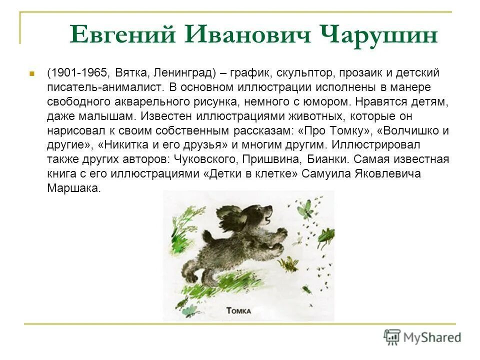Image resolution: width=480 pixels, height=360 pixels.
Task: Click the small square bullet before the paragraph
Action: coord(31,73)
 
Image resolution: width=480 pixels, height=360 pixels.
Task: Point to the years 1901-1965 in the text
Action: coord(78,73)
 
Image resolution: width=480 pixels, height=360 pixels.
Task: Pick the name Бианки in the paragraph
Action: coord(334,159)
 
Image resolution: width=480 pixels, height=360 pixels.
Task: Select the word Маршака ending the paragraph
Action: coord(74,188)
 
